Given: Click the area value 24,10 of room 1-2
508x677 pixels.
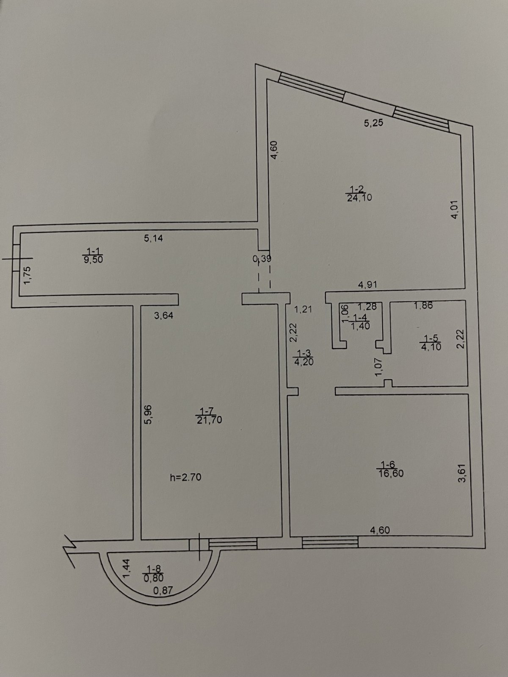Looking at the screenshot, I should point(359,197).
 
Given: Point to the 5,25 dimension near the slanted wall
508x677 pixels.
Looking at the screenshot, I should point(373,123).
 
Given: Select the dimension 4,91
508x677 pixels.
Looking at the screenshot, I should point(367,285).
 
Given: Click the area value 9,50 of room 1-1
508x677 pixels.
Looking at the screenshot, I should point(94,260).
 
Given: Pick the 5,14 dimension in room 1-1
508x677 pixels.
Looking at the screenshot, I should point(153,238).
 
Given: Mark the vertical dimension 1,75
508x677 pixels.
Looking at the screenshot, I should point(27,275).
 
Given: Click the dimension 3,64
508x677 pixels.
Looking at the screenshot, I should point(163,315).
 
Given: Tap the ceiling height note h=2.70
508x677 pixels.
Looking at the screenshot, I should point(185,477).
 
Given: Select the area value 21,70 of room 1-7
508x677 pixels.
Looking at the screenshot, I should point(209,420).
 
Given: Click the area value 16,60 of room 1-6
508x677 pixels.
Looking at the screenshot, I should point(391,473).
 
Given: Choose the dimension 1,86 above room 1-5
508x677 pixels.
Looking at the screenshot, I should point(423,305).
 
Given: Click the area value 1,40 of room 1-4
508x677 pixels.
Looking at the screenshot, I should point(360,325).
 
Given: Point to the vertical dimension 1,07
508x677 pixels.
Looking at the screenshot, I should point(379,366).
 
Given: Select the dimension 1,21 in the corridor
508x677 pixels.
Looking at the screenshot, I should point(303,309).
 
